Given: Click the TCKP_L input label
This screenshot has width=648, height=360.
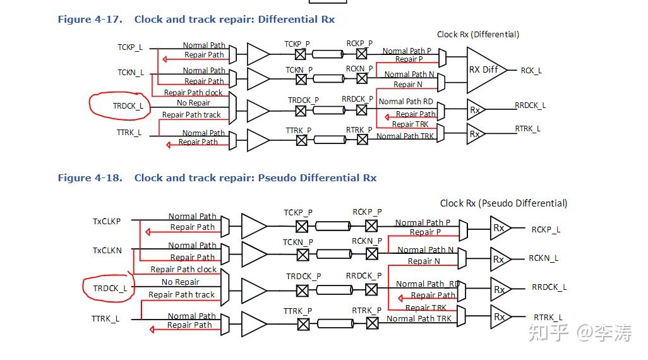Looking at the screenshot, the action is (130, 47).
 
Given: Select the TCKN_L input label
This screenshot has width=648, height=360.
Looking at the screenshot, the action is (131, 73).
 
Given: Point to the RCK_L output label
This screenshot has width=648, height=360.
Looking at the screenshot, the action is (531, 71).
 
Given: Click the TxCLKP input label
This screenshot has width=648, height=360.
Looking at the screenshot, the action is (107, 222).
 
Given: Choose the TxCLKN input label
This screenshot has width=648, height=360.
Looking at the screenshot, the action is (107, 251).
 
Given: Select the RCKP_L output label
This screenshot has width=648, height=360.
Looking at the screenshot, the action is (546, 230).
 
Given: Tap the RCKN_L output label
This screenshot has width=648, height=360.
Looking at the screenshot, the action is (543, 258).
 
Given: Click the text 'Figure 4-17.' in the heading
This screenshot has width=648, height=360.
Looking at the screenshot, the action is (90, 20).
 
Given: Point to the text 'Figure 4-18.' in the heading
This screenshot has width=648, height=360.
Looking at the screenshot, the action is (90, 178).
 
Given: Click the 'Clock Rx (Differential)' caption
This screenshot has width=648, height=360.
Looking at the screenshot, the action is (478, 34).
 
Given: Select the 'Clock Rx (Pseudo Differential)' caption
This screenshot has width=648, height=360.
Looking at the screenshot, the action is (503, 203).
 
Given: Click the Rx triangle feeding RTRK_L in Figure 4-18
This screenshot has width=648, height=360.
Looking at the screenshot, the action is (500, 316).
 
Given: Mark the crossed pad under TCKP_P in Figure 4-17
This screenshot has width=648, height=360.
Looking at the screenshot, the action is (301, 54).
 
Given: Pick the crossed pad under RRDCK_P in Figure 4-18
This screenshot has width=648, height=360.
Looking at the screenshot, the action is (371, 290).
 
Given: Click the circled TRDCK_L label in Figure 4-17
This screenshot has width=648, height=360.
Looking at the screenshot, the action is (128, 106).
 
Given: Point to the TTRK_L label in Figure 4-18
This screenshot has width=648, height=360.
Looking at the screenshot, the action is (105, 319).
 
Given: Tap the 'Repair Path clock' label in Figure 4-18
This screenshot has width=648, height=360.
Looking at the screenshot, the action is (184, 270).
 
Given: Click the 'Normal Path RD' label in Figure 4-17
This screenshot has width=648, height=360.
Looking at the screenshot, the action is (406, 102).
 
